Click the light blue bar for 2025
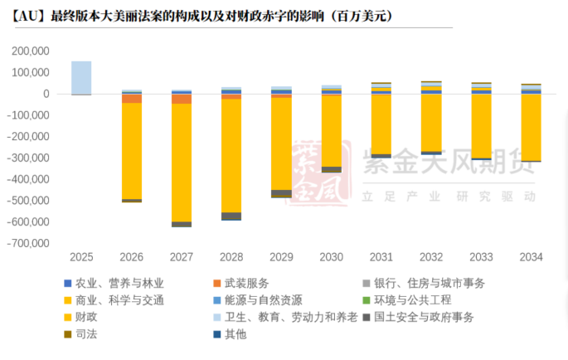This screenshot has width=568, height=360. tap(81, 77)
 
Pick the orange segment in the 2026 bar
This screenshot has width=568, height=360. tap(132, 98)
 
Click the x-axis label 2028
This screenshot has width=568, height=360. tap(231, 257)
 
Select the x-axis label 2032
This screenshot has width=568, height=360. tap(431, 257)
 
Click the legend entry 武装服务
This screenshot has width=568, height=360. tap(246, 283)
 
